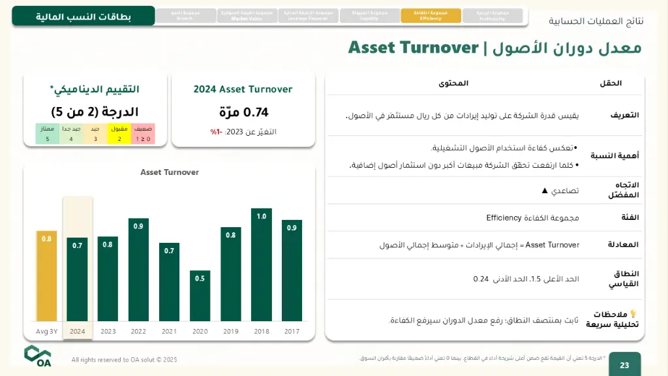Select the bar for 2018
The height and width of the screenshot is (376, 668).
pos(261,264)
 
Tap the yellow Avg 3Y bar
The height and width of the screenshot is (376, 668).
pos(46,275)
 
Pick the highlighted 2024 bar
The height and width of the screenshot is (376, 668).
pos(77,279)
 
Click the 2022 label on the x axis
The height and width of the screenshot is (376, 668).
pos(138,332)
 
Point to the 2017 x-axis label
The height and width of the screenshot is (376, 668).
pos(292,332)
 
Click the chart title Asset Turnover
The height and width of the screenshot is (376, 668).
pos(170,172)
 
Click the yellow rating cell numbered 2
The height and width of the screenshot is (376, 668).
pos(119,134)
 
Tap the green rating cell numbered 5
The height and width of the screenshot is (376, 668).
pos(47,134)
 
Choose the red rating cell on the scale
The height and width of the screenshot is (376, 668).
pos(143,134)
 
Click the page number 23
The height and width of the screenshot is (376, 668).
pos(624,365)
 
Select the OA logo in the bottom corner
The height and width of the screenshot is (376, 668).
pos(38,356)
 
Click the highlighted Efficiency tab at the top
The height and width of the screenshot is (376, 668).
pos(431,16)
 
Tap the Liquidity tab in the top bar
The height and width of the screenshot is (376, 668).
pos(369,16)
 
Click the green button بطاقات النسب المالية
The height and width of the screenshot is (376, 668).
pos(83,16)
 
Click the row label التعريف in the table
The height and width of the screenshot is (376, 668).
pos(624,115)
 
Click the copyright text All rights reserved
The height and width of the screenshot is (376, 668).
pos(124,360)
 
